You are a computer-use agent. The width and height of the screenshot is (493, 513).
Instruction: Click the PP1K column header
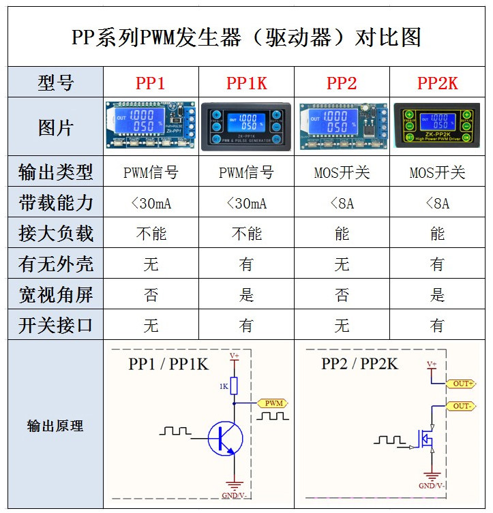click(246, 83)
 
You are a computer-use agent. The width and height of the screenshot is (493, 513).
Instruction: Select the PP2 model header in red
click(342, 83)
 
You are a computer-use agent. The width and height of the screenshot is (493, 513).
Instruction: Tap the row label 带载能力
click(55, 203)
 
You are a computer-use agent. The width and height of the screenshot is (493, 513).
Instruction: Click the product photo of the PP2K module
click(437, 127)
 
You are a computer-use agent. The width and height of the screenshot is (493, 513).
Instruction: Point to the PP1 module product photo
click(151, 127)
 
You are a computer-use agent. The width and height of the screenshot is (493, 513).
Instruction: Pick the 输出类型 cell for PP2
click(342, 172)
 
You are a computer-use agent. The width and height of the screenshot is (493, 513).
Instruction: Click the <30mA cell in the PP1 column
click(151, 203)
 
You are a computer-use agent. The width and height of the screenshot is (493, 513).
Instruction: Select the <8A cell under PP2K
click(437, 203)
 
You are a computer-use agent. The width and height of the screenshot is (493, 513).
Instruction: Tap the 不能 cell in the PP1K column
click(246, 234)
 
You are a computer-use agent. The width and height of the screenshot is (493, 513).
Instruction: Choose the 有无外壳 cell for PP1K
click(246, 264)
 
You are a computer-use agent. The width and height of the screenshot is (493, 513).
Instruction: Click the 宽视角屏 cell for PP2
click(342, 295)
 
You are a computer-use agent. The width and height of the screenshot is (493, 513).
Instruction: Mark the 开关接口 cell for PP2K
click(437, 326)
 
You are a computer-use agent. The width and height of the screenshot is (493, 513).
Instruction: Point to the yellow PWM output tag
click(272, 403)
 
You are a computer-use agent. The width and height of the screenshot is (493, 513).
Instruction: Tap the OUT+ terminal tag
click(463, 384)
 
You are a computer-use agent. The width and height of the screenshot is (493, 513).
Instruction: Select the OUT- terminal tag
click(463, 406)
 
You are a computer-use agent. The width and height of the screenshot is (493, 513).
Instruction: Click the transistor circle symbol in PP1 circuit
click(226, 438)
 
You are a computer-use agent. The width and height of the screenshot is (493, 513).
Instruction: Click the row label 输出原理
click(55, 426)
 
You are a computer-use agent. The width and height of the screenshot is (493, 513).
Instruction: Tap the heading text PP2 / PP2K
click(359, 364)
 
